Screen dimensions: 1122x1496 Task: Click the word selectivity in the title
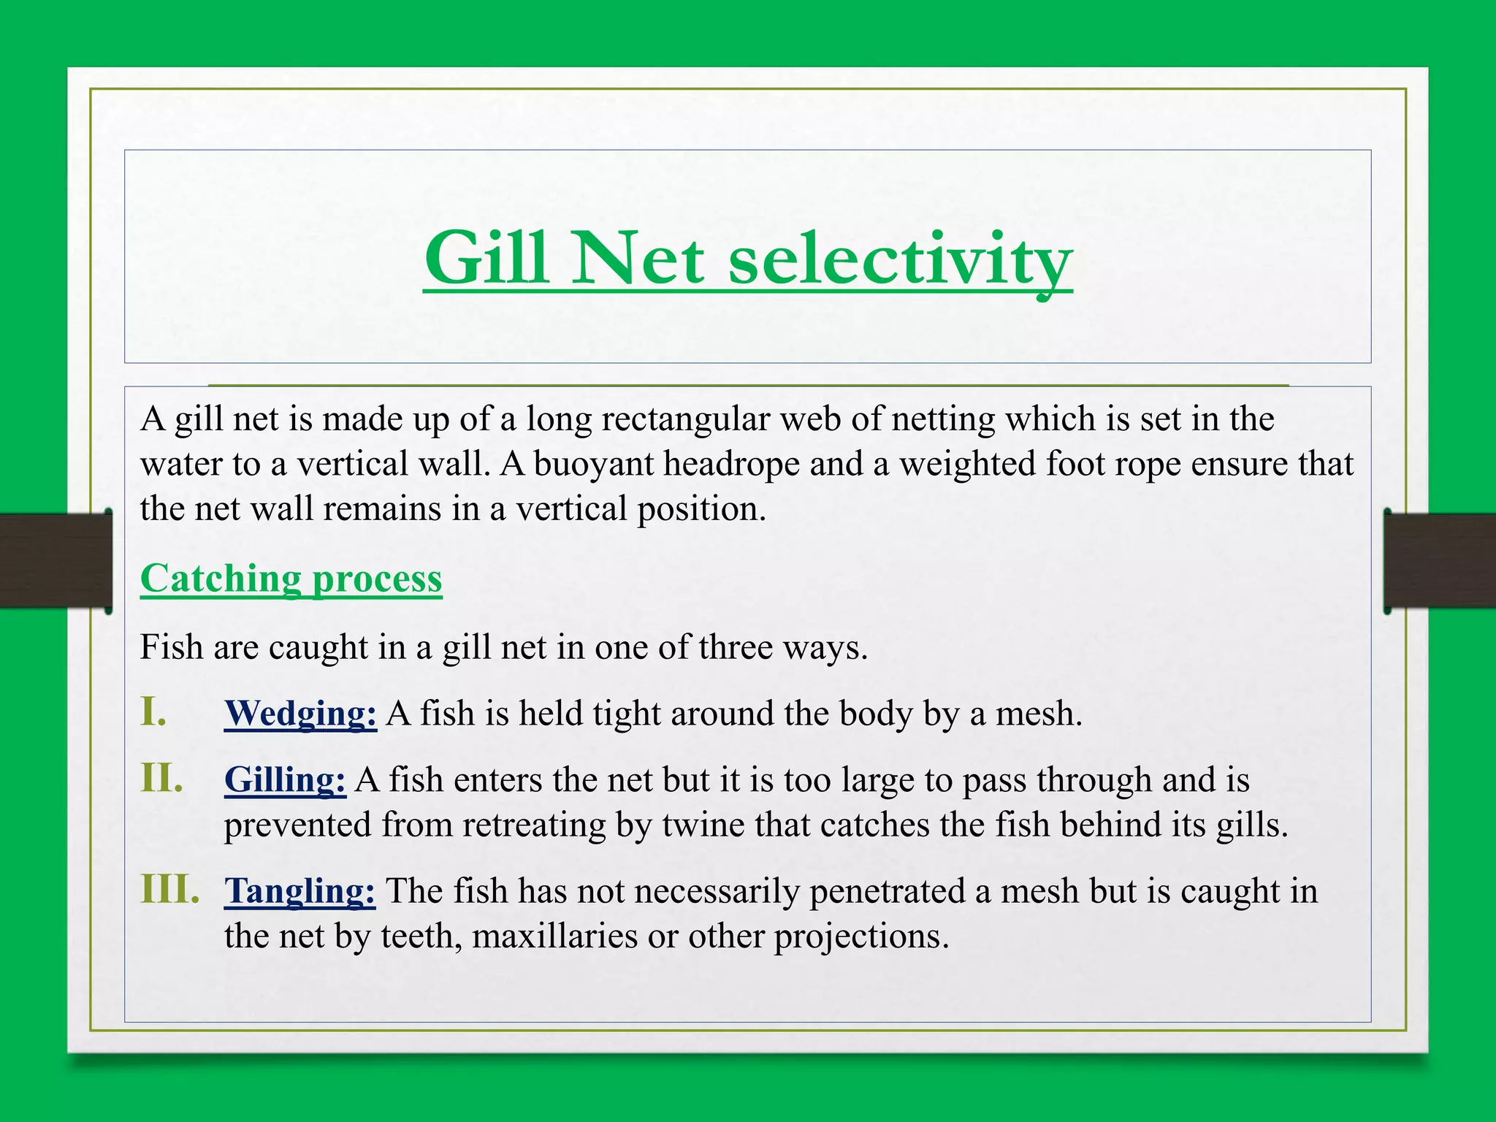tap(900, 259)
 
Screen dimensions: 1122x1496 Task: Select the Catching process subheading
tap(291, 579)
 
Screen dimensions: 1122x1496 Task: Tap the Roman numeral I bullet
tap(153, 711)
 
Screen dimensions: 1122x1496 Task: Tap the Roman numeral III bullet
tap(169, 889)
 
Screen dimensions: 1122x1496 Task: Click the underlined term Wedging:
tap(300, 714)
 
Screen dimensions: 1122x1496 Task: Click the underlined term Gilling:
tap(285, 780)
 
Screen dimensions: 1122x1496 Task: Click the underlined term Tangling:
tap(299, 891)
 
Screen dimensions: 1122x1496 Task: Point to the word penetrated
tap(899, 892)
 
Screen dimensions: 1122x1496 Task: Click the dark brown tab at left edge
tap(55, 561)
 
